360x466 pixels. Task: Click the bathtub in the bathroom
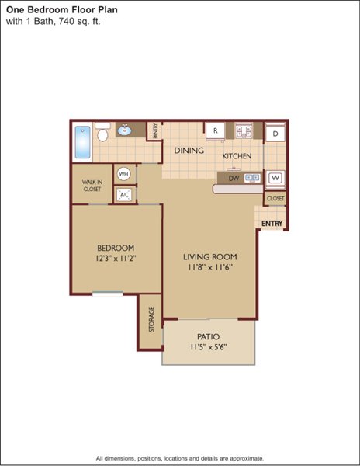[x=82, y=142]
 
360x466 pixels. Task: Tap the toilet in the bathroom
[x=102, y=132]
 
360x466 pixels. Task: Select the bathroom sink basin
[x=125, y=130]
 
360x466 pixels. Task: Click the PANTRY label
[x=155, y=131]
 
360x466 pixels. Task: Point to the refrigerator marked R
[x=216, y=130]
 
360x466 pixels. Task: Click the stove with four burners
[x=244, y=130]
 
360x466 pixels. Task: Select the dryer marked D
[x=275, y=134]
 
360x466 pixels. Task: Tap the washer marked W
[x=275, y=178]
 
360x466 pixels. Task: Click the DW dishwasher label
[x=234, y=179]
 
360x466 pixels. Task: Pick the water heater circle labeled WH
[x=123, y=173]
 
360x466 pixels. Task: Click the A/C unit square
[x=124, y=195]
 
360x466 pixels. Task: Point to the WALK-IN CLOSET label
[x=92, y=186]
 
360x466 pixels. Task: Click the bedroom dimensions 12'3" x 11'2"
[x=116, y=258]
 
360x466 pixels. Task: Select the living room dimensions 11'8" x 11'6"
[x=209, y=267]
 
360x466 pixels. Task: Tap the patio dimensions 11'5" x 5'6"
[x=209, y=347]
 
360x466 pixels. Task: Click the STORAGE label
[x=151, y=319]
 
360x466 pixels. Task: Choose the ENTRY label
[x=272, y=224]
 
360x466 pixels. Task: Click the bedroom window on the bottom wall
[x=107, y=294]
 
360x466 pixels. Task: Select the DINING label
[x=189, y=151]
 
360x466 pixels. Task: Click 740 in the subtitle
[x=67, y=22]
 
